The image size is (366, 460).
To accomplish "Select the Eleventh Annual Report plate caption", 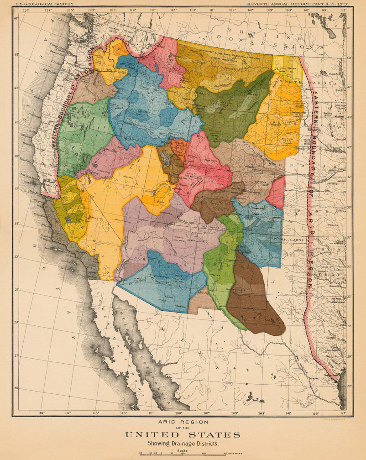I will pos(298,4).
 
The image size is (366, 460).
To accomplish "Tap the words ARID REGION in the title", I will pos(183,422).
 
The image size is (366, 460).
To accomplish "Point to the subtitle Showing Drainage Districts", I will pos(183,443).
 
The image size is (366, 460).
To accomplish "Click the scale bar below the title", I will pos(183,454).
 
